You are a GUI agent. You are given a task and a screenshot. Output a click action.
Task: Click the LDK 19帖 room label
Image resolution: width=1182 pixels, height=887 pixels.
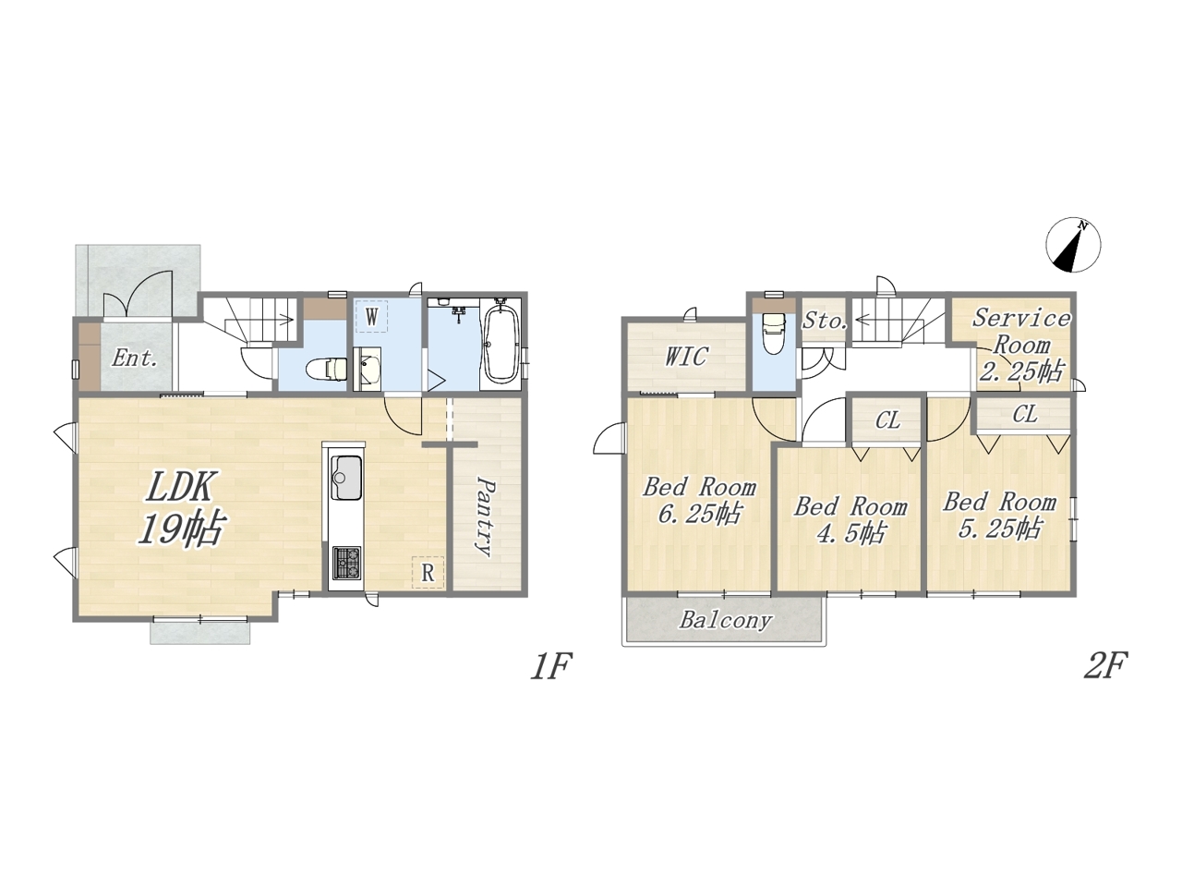tap(180, 508)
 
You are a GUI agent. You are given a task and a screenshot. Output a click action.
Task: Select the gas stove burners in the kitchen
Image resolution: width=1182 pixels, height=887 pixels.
tap(347, 564)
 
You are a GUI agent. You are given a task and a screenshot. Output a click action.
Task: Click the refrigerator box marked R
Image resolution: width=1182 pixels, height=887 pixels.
tap(428, 573)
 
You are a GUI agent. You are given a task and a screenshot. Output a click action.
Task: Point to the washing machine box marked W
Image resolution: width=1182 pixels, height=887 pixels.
tap(371, 317)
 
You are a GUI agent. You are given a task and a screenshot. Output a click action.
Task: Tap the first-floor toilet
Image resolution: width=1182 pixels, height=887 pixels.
tap(326, 369)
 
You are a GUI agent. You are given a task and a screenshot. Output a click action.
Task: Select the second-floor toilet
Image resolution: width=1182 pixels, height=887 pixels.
tap(773, 333)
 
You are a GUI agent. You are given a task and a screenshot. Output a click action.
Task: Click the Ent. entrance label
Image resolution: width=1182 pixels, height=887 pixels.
tap(135, 358)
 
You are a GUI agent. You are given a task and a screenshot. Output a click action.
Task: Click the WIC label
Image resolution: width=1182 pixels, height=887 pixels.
tap(686, 357)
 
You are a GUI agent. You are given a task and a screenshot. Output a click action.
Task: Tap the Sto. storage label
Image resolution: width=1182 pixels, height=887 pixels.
tap(825, 321)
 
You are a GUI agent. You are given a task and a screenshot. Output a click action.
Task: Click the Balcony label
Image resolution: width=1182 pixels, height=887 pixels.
tap(725, 620)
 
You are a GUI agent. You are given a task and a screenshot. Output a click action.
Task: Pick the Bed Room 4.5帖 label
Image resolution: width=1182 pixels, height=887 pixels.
tap(850, 519)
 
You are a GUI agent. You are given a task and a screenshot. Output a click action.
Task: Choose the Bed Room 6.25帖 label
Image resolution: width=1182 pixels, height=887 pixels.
tap(699, 501)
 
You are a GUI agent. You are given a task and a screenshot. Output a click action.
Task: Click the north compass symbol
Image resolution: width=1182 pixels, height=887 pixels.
tap(1073, 245)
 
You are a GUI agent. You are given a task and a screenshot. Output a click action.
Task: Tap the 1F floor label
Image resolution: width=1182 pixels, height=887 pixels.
tap(551, 667)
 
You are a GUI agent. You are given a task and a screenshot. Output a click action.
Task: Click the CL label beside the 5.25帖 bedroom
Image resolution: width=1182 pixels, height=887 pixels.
tap(1024, 415)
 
